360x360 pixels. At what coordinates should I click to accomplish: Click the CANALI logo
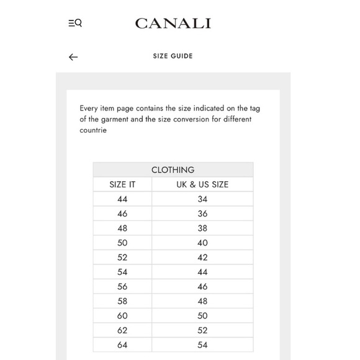tap(173, 24)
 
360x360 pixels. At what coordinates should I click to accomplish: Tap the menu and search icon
tap(75, 24)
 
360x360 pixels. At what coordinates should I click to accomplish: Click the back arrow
tap(73, 57)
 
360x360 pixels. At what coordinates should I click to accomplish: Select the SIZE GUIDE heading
tap(173, 56)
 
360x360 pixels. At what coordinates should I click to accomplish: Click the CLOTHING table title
tap(173, 169)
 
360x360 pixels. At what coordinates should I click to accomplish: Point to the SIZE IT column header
tap(122, 184)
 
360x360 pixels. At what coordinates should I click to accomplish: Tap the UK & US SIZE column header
tap(202, 184)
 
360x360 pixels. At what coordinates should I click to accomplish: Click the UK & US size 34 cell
tap(202, 199)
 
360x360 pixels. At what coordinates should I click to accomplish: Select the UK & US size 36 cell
tap(202, 214)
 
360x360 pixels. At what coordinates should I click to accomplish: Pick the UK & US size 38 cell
tap(202, 228)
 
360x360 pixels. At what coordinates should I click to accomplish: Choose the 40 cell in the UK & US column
tap(202, 243)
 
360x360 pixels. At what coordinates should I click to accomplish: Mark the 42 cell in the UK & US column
tap(202, 258)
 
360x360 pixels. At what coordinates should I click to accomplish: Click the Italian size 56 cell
tap(122, 287)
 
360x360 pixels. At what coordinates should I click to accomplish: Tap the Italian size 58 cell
tap(122, 301)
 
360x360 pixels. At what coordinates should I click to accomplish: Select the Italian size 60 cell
tap(122, 316)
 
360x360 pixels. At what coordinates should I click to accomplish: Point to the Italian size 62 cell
tap(122, 330)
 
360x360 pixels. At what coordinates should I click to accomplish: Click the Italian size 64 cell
tap(122, 345)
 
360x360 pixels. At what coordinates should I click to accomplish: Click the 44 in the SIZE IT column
tap(122, 199)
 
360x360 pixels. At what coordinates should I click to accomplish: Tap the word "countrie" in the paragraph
tap(93, 130)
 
